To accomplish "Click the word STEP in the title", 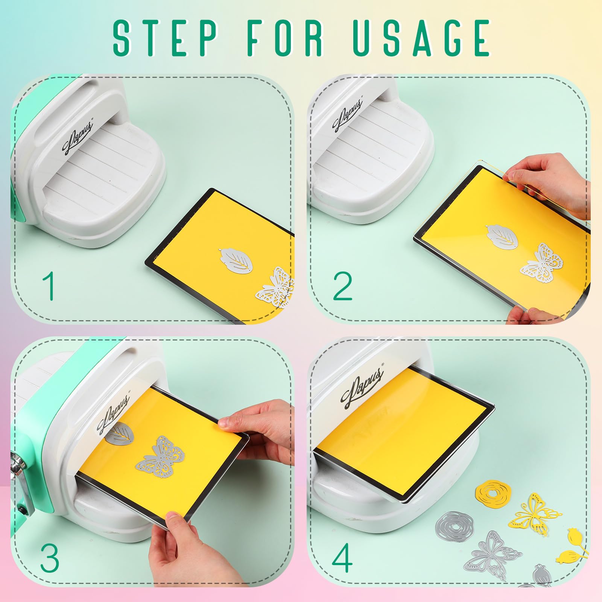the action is [166, 37].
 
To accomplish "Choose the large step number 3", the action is [50, 557].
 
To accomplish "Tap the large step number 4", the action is [343, 557].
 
